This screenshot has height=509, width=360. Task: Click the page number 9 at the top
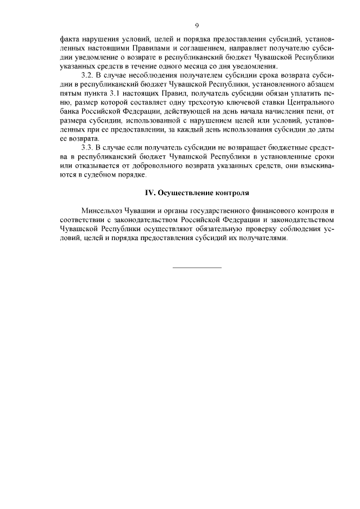196,25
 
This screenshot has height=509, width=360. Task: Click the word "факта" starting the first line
70,40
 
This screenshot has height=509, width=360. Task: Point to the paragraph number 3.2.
87,74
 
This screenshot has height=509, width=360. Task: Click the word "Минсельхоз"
101,210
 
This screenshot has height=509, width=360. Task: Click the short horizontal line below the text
196,267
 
